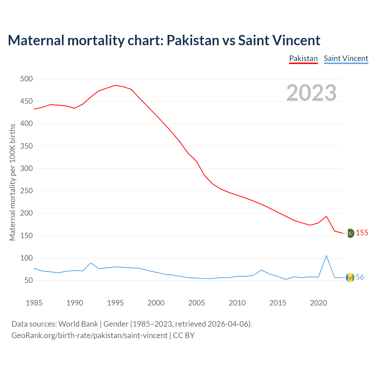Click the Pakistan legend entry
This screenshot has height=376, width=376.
click(303, 58)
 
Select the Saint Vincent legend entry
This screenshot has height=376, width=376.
click(346, 58)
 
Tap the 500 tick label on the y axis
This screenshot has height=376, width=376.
click(26, 79)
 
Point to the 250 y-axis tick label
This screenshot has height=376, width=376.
click(26, 191)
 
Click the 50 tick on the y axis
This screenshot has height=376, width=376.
click(28, 281)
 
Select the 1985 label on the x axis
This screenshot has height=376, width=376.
click(34, 303)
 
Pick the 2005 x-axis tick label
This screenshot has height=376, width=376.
click(197, 303)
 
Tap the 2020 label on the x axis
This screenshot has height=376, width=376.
click(318, 303)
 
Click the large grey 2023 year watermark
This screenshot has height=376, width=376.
click(311, 93)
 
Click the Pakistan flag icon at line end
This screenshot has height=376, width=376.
click(350, 233)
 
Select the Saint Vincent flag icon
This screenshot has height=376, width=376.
click(350, 278)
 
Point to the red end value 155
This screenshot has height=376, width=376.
click(362, 233)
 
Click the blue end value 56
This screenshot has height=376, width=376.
click(360, 277)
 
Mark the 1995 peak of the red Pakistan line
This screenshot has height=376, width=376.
click(115, 85)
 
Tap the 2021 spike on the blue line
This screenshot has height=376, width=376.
click(326, 256)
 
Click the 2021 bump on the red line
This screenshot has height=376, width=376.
click(326, 216)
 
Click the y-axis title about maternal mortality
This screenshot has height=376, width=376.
click(12, 182)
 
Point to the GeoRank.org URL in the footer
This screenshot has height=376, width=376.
click(89, 335)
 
